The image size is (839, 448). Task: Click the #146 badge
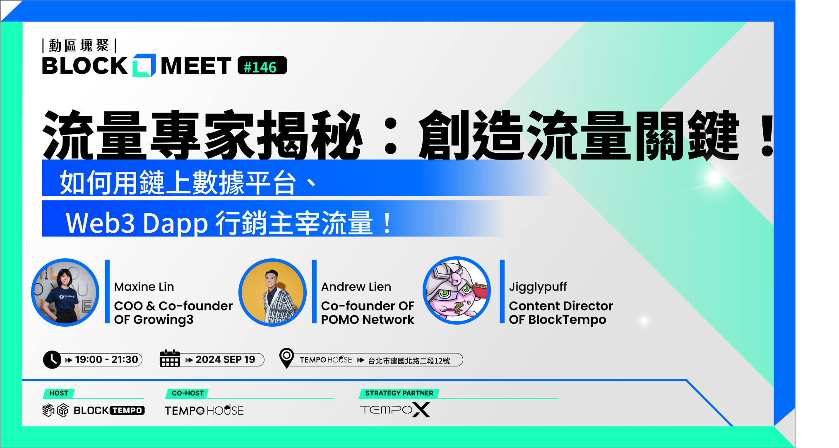[262, 66]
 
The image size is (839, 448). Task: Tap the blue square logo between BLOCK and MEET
[144, 65]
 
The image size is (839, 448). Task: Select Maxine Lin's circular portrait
[65, 292]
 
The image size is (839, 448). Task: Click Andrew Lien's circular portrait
[272, 292]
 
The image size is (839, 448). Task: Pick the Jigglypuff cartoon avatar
[457, 291]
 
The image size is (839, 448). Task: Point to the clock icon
[52, 359]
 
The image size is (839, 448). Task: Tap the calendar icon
[170, 359]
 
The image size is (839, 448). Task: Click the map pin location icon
[286, 358]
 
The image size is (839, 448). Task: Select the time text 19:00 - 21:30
[106, 359]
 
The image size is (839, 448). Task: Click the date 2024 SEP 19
[225, 359]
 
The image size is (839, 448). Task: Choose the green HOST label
[59, 393]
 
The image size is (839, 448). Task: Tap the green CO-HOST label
[188, 393]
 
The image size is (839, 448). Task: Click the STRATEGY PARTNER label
[399, 393]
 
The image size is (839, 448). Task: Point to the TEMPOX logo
[395, 410]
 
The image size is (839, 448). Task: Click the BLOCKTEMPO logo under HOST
[94, 410]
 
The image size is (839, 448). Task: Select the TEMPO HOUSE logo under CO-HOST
[204, 410]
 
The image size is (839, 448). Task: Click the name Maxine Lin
[144, 287]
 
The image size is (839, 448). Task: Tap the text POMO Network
[368, 320]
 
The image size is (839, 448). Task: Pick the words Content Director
[561, 306]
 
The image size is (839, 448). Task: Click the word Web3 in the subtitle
[101, 223]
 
